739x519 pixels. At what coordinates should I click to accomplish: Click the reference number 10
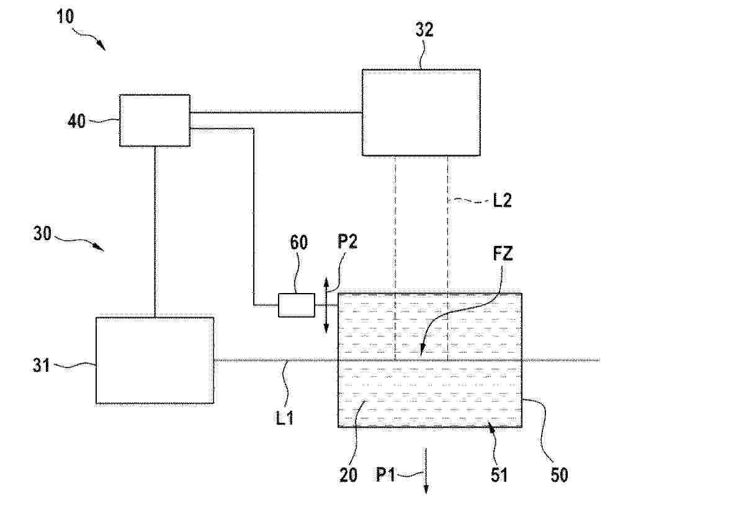click(x=66, y=17)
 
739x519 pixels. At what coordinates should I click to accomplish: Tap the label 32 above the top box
click(x=424, y=30)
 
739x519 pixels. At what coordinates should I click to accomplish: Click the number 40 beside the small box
click(x=76, y=121)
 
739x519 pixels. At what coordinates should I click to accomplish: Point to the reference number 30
click(x=42, y=233)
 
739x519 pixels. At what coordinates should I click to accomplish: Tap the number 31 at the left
click(x=42, y=365)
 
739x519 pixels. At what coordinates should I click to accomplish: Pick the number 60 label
click(x=299, y=242)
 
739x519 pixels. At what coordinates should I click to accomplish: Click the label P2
click(x=347, y=242)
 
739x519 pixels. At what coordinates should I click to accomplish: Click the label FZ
click(x=503, y=254)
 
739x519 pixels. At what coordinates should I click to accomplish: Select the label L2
click(x=502, y=201)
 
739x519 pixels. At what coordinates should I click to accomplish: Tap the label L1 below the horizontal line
click(x=285, y=418)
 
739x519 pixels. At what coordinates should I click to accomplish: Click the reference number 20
click(x=348, y=475)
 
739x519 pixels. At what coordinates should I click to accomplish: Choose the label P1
click(x=385, y=474)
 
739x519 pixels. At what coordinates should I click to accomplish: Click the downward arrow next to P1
click(x=426, y=471)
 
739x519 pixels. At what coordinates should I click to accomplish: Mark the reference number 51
click(x=499, y=475)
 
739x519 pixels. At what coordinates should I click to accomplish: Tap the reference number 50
click(x=559, y=475)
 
